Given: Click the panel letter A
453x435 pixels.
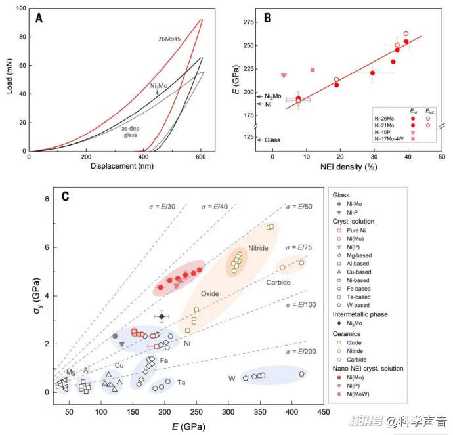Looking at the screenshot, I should coord(39,18).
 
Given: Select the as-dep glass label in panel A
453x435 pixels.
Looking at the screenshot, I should coord(133,132).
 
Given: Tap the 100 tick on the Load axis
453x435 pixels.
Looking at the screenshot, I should coord(21,9).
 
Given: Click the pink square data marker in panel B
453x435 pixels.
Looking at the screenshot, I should coord(313,70).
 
